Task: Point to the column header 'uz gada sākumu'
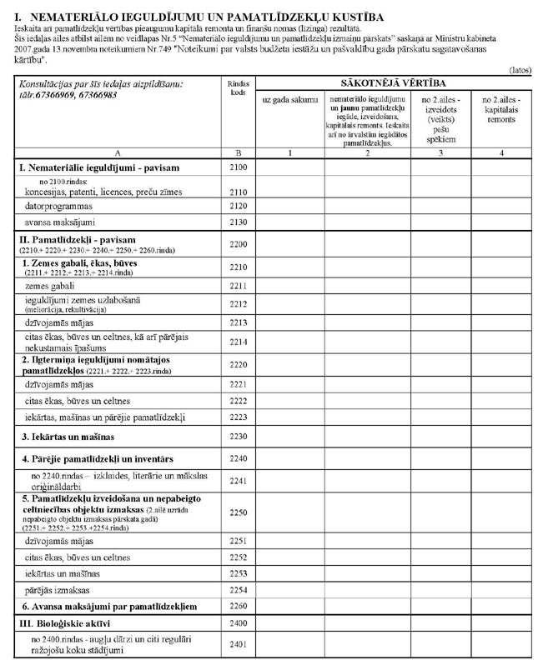coord(289,99)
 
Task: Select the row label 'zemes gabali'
coord(51,285)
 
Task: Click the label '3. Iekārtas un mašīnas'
coord(68,437)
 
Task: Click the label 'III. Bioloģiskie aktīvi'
coord(66,623)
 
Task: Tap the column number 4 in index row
coord(501,153)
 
